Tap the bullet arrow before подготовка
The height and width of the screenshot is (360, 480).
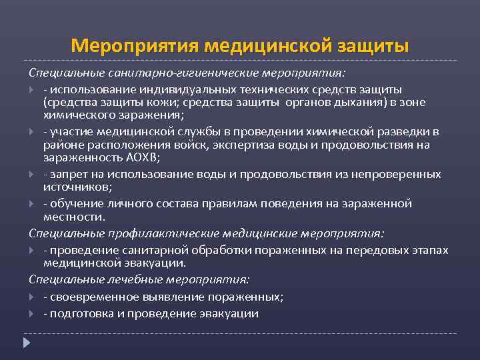click(x=33, y=313)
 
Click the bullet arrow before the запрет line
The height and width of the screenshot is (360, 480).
click(x=33, y=174)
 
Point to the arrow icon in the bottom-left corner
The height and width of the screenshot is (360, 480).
click(x=27, y=343)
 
